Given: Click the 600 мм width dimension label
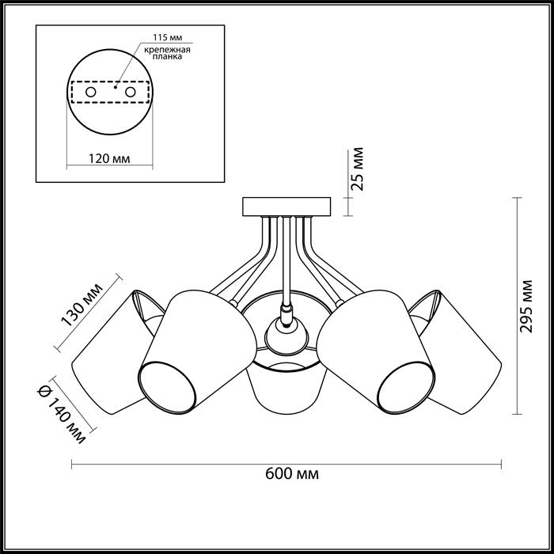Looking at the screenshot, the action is [x=292, y=473].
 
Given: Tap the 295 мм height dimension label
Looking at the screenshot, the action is [x=526, y=306].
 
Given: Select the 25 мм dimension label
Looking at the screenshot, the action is [x=358, y=169].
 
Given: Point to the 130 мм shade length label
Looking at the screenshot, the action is [x=82, y=304].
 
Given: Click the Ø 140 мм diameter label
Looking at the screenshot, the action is [x=62, y=414].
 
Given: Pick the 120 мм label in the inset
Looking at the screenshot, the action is [x=109, y=158].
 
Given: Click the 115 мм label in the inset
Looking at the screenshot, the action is [x=168, y=37].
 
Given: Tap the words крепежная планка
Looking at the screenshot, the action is [x=168, y=53].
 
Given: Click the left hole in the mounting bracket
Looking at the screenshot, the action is [x=91, y=93].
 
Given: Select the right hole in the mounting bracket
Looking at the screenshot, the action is [x=131, y=93].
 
